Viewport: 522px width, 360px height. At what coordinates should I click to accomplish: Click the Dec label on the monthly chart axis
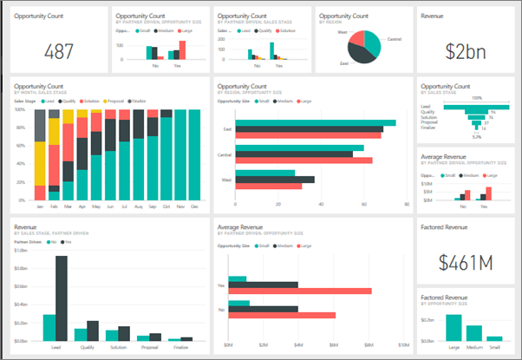tap(193, 208)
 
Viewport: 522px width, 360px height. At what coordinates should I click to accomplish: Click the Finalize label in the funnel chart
tap(427, 128)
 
